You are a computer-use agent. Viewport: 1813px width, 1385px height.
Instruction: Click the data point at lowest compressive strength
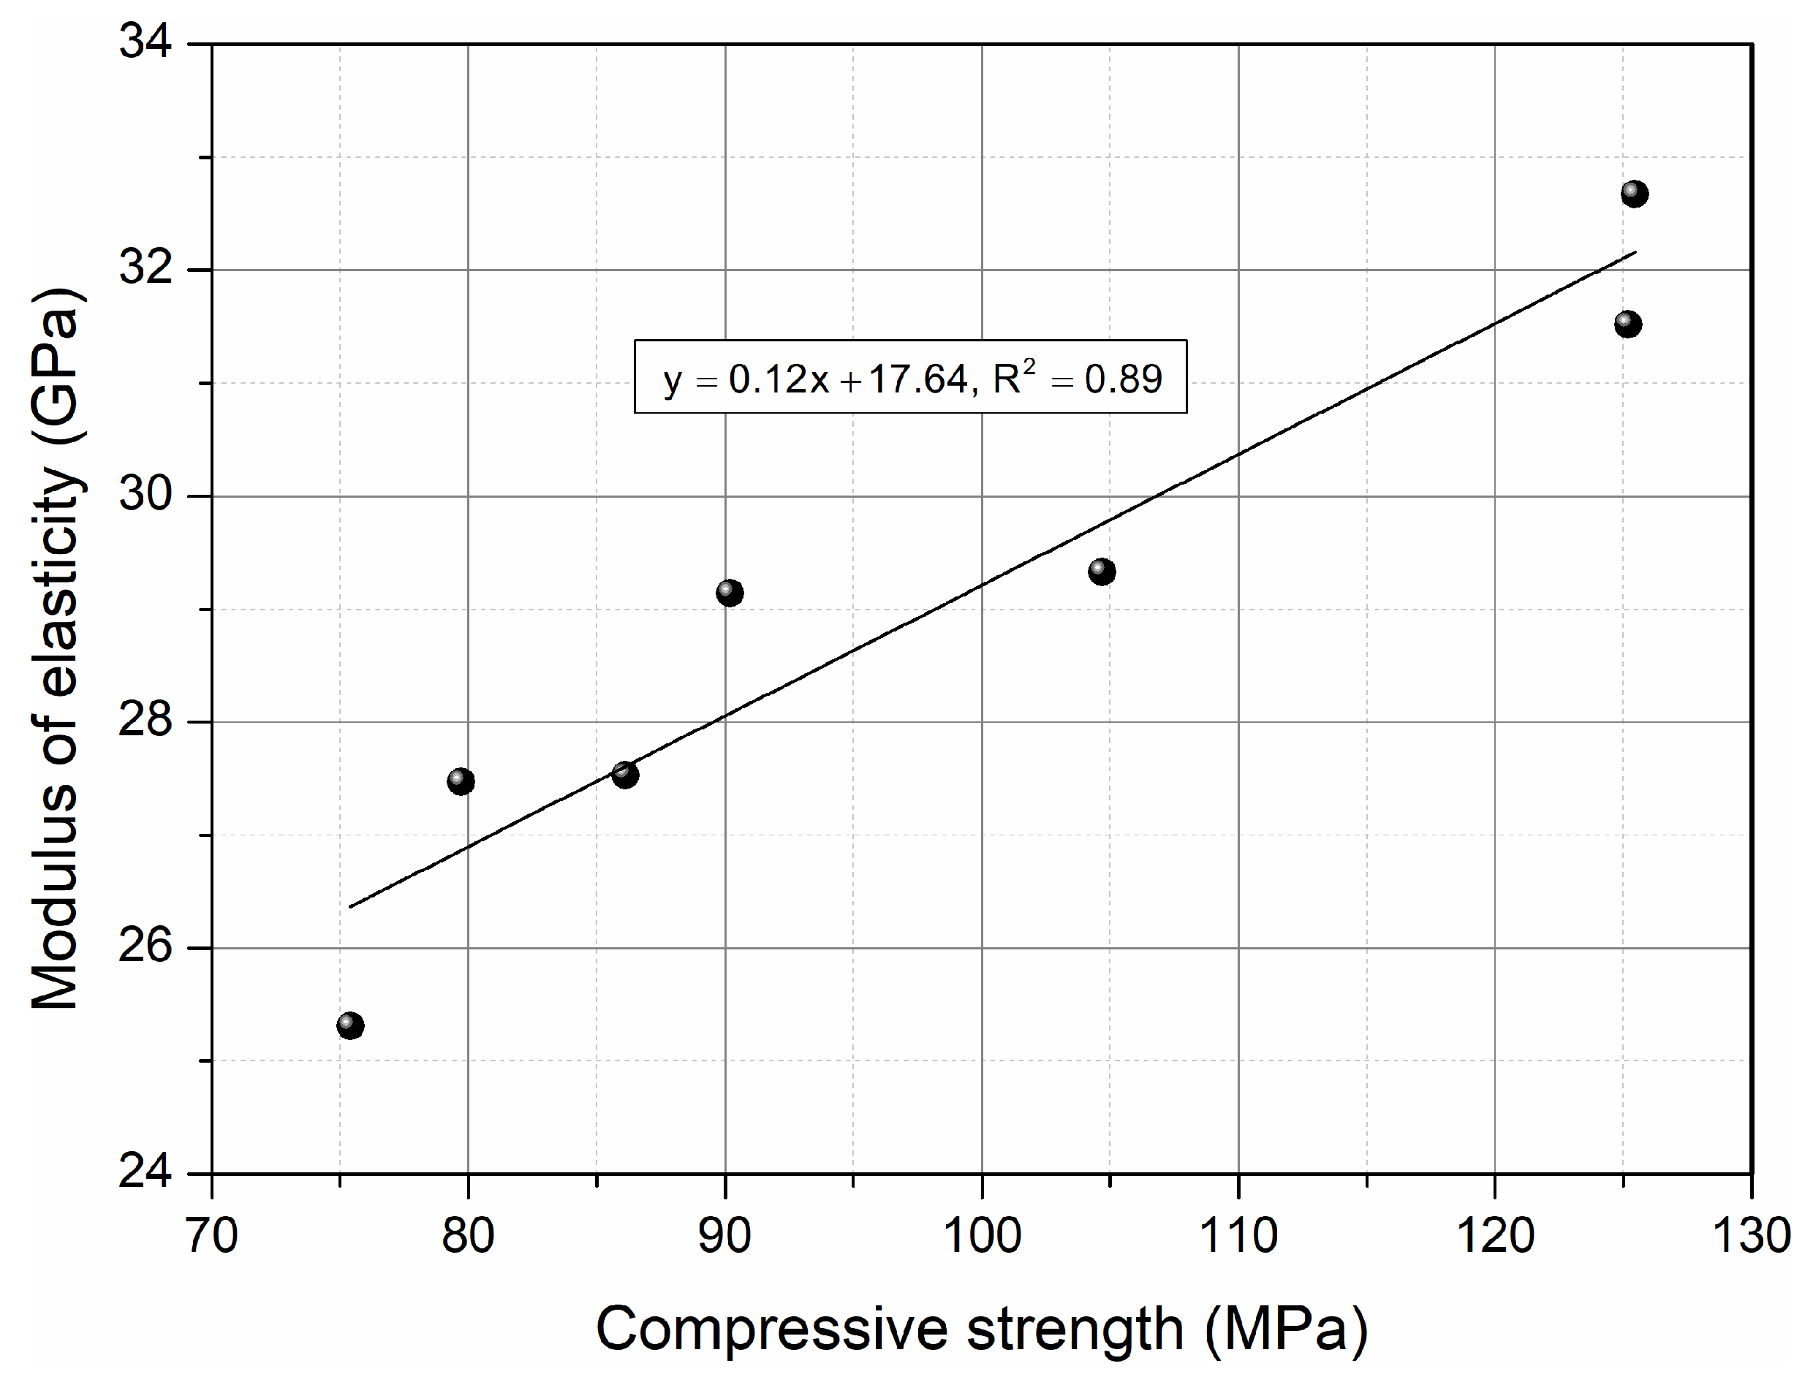350,1025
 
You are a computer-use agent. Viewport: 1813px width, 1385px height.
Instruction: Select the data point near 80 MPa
461,781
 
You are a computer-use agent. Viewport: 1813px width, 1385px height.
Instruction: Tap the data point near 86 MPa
625,774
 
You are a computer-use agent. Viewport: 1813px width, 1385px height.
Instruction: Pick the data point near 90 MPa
730,592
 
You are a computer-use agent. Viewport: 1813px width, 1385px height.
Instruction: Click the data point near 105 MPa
1102,572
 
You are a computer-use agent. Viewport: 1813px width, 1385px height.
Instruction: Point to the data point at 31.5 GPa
1627,324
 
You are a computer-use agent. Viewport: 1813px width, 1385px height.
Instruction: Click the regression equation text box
910,376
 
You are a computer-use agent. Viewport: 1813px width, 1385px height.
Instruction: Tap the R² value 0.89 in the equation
1123,380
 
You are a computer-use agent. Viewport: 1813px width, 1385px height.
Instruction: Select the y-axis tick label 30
146,495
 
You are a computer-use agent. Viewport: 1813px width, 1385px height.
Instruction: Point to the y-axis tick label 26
146,946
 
